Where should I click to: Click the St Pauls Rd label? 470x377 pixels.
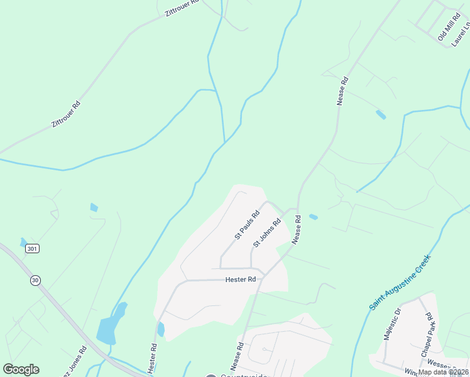(247, 225)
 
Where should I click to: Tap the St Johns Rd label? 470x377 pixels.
(266, 232)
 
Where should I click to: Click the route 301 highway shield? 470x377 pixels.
(33, 249)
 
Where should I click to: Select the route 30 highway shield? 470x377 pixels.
(36, 280)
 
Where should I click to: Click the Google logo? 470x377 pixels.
(21, 369)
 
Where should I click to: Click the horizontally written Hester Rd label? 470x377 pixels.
(241, 279)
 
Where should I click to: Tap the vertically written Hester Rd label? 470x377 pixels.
(153, 356)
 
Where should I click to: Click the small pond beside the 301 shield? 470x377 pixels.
(24, 242)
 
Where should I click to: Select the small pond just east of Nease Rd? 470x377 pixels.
(313, 217)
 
